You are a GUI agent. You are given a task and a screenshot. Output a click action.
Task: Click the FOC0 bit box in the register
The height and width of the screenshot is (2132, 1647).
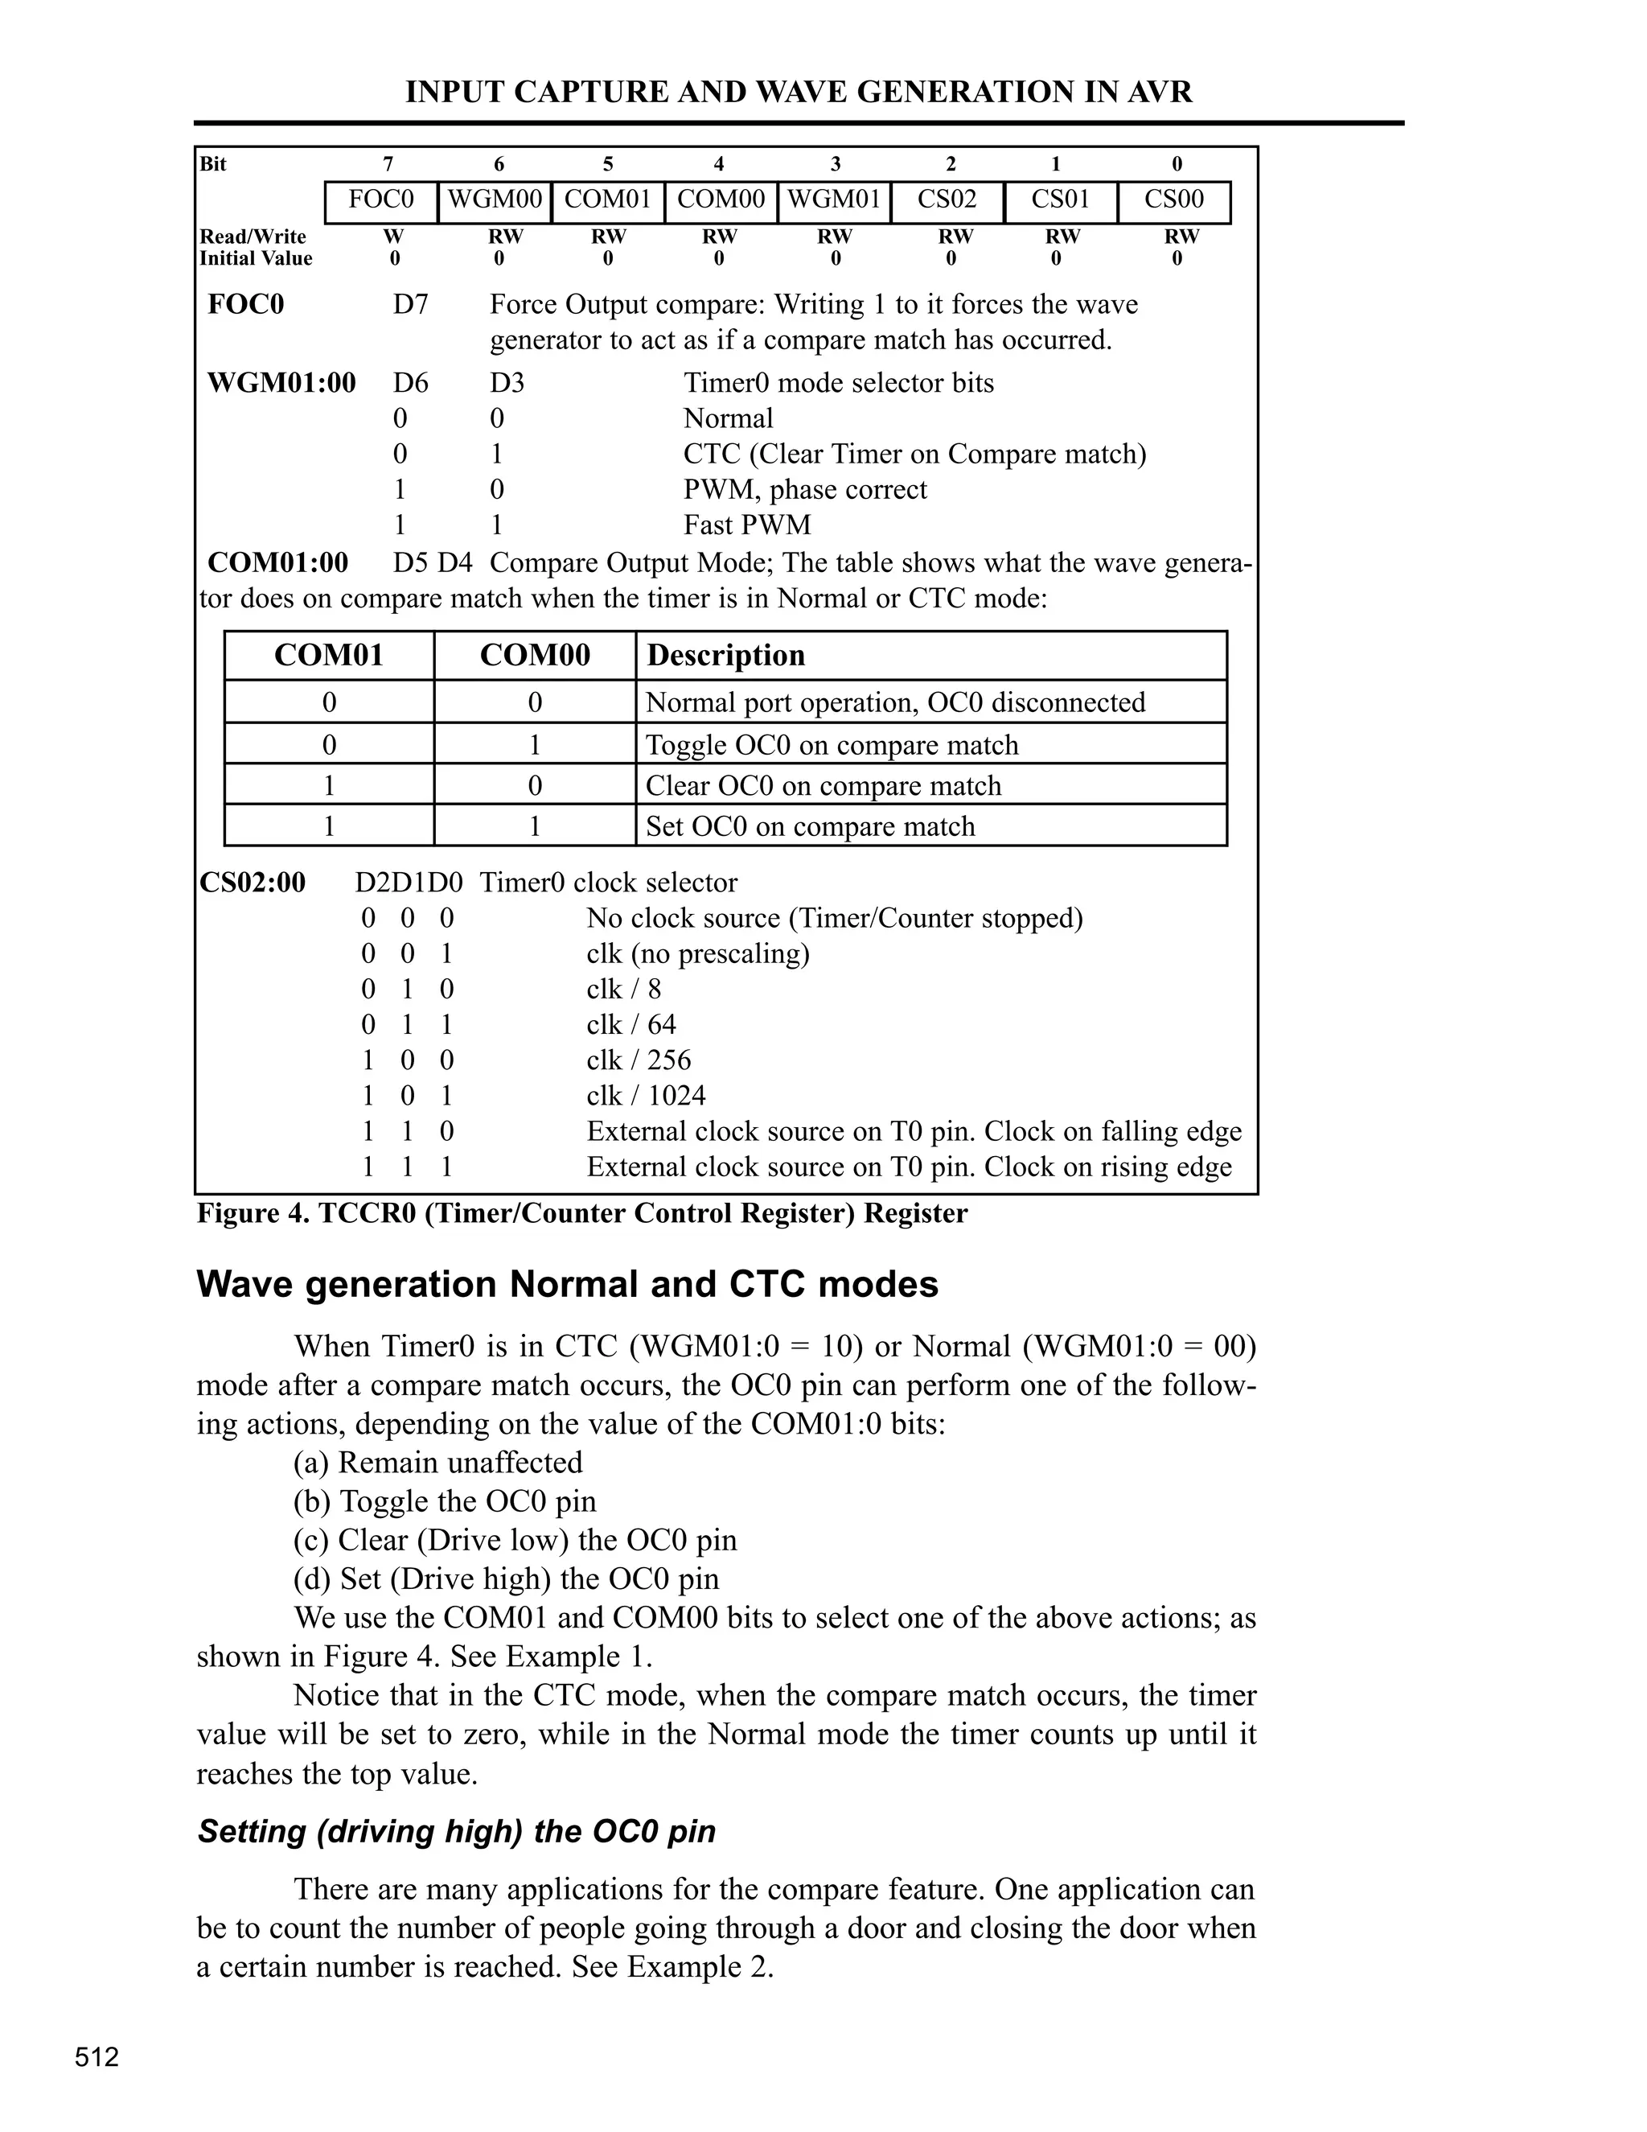381,201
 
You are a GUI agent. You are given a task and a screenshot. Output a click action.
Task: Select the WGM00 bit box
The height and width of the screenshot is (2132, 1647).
495,201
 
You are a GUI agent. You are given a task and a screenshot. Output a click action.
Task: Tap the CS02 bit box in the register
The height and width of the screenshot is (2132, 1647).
947,201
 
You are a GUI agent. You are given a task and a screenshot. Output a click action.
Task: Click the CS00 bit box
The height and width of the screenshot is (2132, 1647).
1174,201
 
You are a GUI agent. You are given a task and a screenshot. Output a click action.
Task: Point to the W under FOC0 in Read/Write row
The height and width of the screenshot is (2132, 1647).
394,237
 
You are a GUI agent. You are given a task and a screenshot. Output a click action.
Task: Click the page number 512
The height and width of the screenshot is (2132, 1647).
97,2058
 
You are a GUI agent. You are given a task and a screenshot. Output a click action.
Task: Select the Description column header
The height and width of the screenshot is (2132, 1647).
726,655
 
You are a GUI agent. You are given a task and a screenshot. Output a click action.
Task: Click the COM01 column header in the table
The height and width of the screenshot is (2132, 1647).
329,655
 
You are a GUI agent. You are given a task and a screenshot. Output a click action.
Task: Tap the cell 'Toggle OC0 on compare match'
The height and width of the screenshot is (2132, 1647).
832,745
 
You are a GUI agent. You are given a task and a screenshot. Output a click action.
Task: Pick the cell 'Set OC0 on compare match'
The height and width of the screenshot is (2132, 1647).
810,827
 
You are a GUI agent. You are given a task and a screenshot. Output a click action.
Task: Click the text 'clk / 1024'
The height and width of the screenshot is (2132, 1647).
646,1095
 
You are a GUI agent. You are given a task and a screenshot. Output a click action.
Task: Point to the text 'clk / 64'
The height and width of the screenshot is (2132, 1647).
631,1024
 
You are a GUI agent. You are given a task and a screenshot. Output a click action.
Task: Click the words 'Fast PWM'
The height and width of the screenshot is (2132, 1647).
747,525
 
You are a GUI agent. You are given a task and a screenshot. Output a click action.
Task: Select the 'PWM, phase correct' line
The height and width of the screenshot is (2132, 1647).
805,489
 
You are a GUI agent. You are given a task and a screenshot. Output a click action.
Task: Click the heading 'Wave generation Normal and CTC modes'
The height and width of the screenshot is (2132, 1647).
567,1285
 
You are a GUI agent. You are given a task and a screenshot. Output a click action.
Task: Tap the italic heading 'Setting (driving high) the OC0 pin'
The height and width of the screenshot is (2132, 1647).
457,1831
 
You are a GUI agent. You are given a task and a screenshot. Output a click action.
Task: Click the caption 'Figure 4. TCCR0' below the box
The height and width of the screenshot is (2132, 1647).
581,1213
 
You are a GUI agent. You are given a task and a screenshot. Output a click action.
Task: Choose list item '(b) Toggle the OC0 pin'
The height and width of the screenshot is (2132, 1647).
445,1501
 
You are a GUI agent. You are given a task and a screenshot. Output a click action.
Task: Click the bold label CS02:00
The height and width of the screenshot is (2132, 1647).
253,883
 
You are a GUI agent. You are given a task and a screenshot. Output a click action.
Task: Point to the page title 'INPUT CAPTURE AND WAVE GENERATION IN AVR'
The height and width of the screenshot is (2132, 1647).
798,92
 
